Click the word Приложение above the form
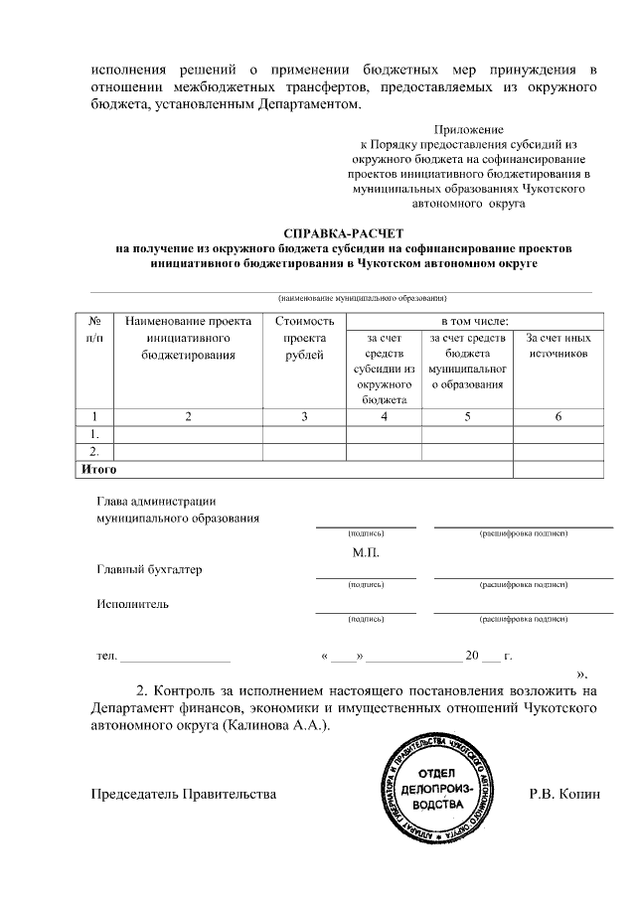pos(469,129)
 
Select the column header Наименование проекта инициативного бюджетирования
pos(188,338)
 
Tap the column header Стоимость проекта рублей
pos(304,338)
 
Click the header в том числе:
pos(475,321)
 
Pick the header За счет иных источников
pos(558,346)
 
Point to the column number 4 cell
pos(384,416)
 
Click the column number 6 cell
pos(558,416)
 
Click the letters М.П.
pos(366,552)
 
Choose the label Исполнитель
pos(132,603)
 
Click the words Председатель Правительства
pos(184,795)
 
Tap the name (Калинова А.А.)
pos(276,725)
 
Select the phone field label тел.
pos(106,657)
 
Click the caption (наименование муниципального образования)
pos(363,298)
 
